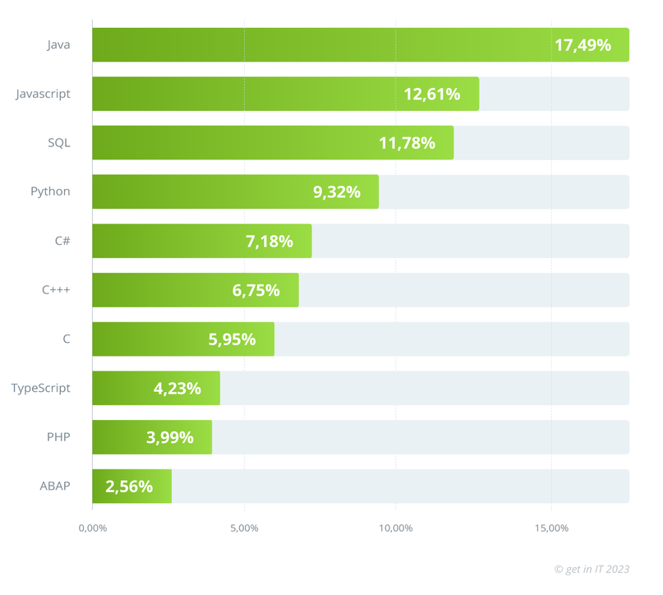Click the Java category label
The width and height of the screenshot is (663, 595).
(x=58, y=44)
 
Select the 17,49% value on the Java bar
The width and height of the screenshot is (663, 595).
(x=582, y=45)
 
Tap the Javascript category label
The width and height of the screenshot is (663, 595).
(x=44, y=94)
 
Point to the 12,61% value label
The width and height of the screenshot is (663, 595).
(x=431, y=94)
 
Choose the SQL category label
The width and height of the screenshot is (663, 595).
(x=59, y=143)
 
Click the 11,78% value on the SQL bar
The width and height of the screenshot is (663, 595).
(x=407, y=143)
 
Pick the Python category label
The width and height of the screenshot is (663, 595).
(x=50, y=191)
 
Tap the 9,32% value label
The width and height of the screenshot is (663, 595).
(x=336, y=192)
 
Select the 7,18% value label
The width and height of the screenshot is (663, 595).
(x=269, y=241)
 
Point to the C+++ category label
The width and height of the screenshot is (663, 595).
(x=56, y=289)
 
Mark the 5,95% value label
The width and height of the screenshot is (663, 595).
(x=232, y=339)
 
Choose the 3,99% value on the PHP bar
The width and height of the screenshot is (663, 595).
(x=170, y=437)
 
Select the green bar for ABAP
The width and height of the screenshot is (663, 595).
(x=131, y=486)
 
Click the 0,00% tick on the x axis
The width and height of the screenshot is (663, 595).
(x=92, y=528)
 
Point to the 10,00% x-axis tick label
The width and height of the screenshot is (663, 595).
(x=395, y=528)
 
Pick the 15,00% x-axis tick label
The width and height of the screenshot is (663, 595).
(x=550, y=528)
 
